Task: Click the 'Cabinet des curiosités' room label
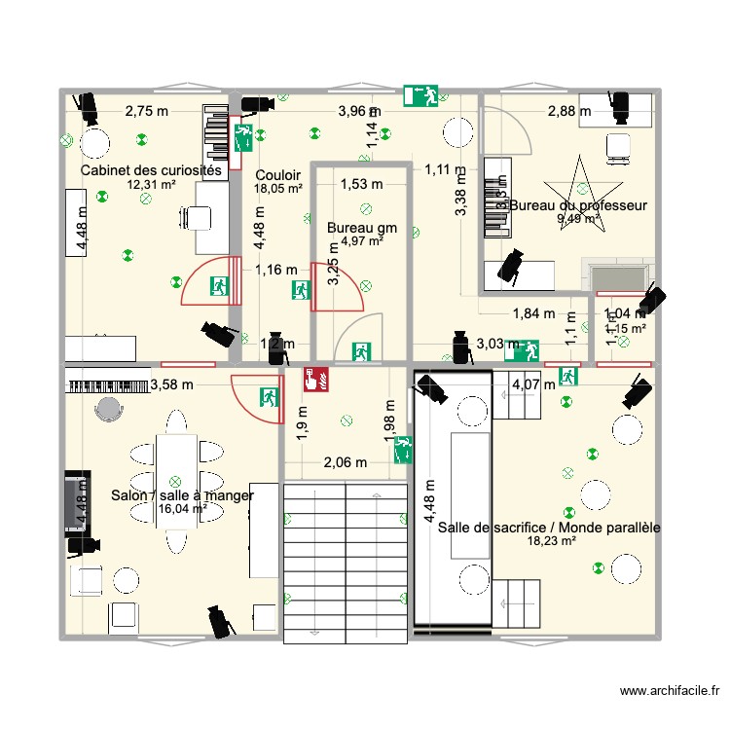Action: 151,170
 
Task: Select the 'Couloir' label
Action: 278,175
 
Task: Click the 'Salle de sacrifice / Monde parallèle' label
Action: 549,528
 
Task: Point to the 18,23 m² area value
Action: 549,542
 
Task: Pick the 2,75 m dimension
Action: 146,112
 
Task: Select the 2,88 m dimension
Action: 568,112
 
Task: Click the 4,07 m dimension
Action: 533,384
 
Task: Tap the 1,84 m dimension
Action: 533,313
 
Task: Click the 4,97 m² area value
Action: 361,241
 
